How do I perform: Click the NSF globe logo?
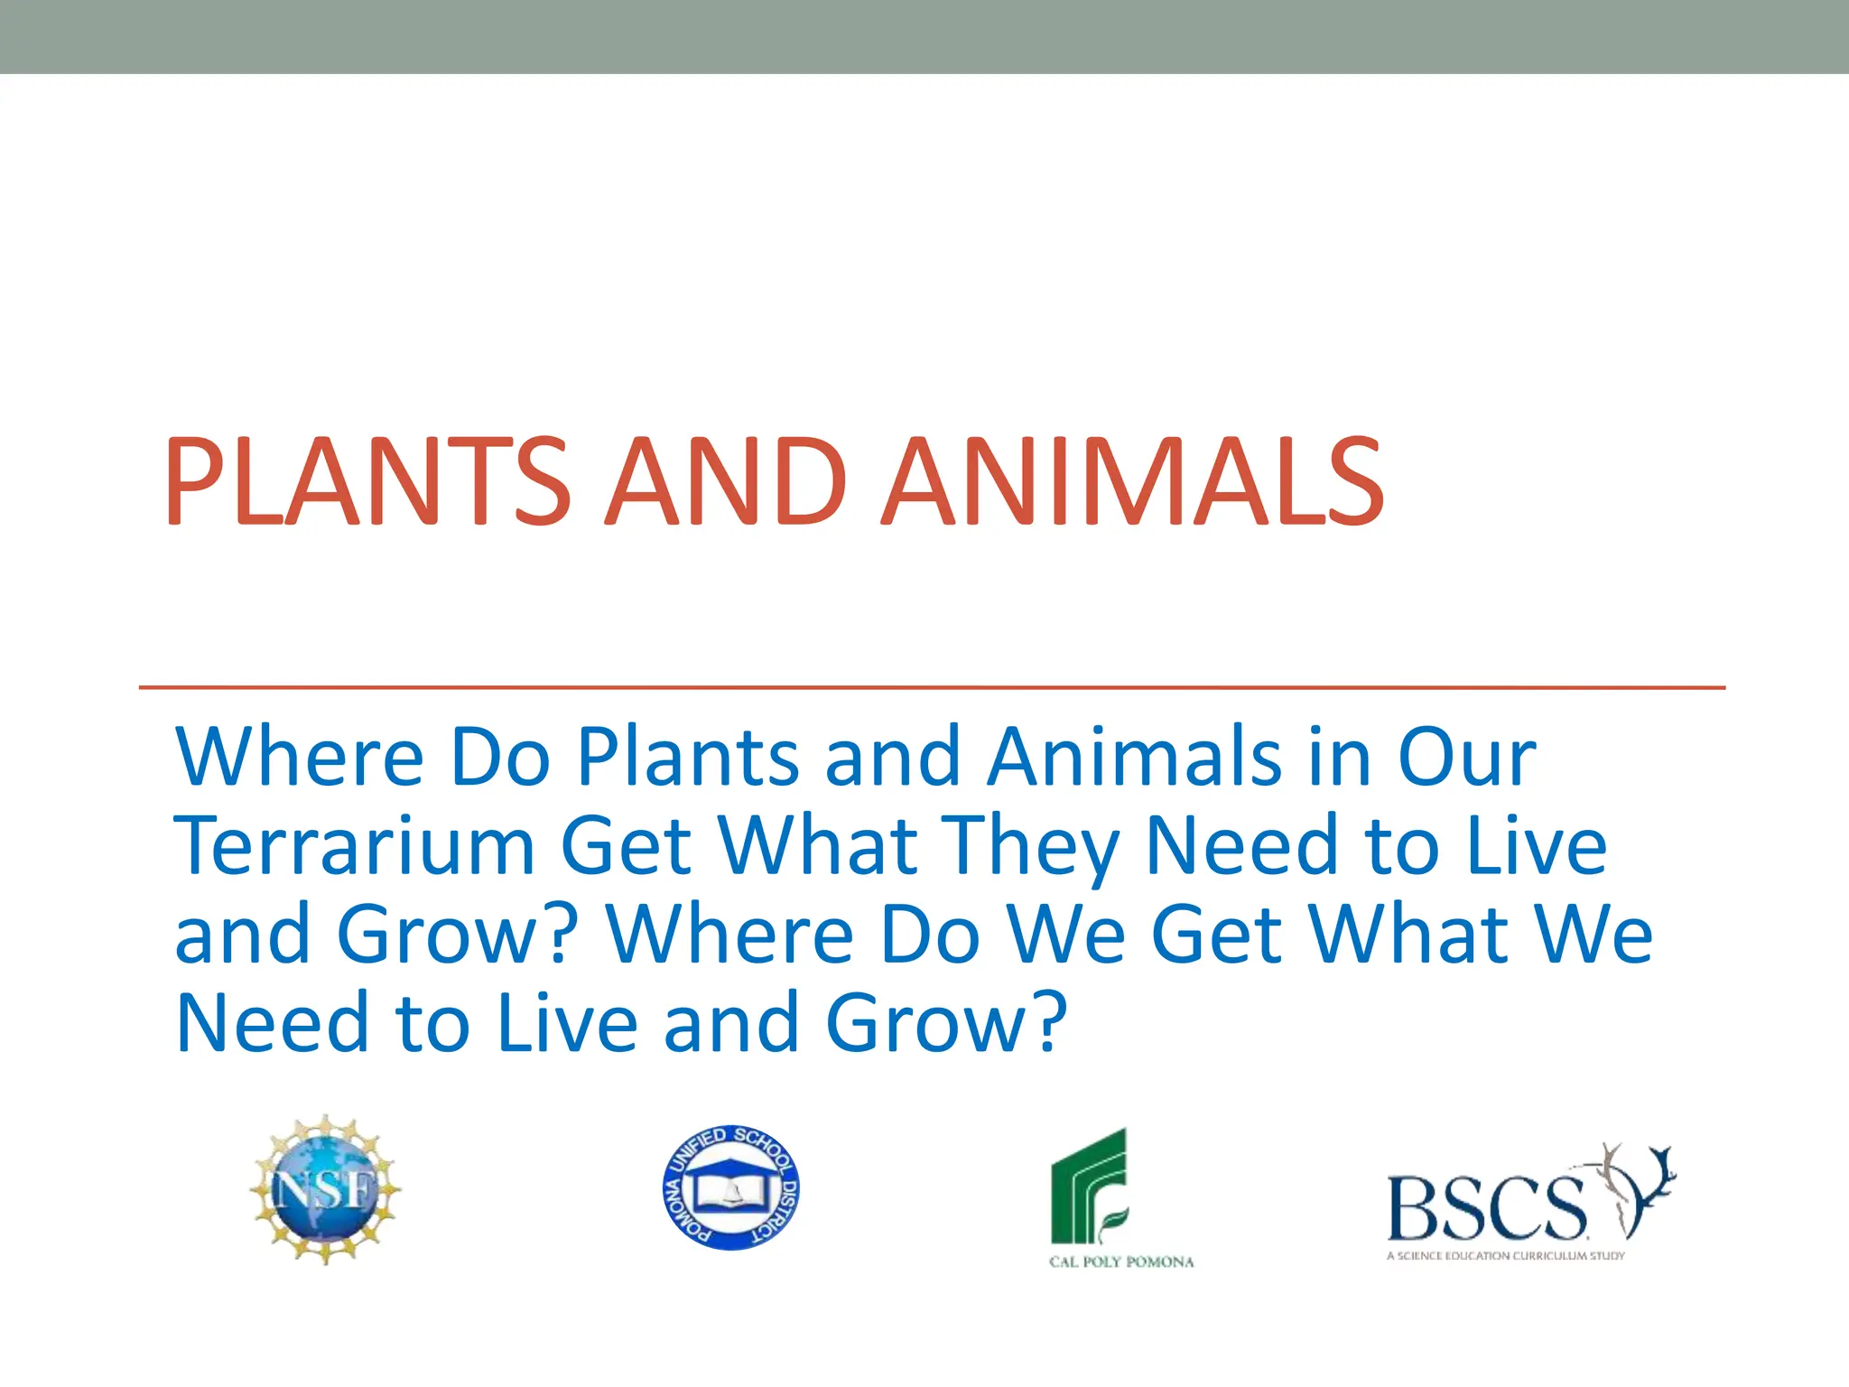pos(326,1190)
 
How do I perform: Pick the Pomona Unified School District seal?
pos(731,1187)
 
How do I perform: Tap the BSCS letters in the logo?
pos(1485,1208)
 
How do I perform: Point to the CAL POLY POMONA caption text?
pos(1121,1261)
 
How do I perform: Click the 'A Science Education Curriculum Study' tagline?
pos(1505,1255)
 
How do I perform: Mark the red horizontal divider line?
pos(930,687)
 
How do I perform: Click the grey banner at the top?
pos(924,36)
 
